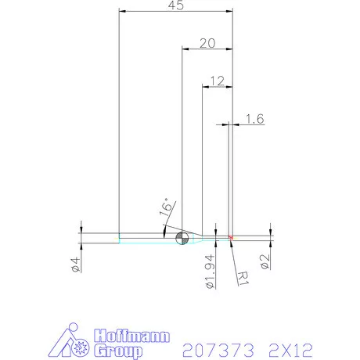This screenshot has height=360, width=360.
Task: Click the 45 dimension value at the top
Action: (x=175, y=5)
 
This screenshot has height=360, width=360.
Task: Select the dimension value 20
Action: (x=207, y=43)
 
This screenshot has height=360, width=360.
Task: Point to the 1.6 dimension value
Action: (x=254, y=118)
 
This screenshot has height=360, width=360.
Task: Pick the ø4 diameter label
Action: (x=76, y=265)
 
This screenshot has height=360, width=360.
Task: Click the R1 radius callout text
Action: (x=243, y=275)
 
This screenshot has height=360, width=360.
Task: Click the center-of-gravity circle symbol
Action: (x=182, y=238)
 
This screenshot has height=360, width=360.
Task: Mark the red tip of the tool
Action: (x=232, y=237)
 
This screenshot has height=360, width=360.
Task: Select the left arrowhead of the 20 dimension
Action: (x=185, y=49)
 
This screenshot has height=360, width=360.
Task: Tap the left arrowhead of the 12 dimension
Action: (x=206, y=86)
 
